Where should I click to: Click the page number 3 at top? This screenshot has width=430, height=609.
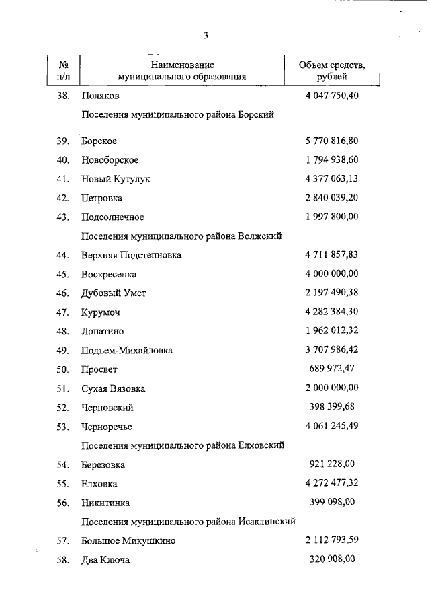(206, 35)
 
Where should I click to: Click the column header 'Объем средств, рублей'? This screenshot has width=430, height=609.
(332, 71)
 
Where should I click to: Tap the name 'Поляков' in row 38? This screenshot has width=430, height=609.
(100, 96)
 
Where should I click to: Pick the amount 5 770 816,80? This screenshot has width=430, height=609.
(332, 141)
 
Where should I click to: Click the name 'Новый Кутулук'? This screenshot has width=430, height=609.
(116, 179)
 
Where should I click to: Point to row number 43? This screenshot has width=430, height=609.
(63, 217)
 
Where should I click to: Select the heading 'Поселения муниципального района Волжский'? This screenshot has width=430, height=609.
(181, 236)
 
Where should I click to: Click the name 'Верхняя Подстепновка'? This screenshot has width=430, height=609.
(131, 256)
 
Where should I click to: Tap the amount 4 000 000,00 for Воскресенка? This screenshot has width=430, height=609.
(332, 274)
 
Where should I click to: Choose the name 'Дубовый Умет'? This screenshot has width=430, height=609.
(114, 293)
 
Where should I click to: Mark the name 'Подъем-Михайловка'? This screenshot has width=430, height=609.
(127, 351)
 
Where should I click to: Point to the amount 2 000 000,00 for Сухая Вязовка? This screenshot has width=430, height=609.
(332, 388)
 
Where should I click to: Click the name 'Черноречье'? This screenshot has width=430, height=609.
(107, 427)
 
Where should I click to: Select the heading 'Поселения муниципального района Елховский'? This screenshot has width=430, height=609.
(183, 445)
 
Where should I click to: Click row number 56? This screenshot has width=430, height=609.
(63, 503)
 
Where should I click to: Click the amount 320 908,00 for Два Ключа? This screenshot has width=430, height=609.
(336, 559)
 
